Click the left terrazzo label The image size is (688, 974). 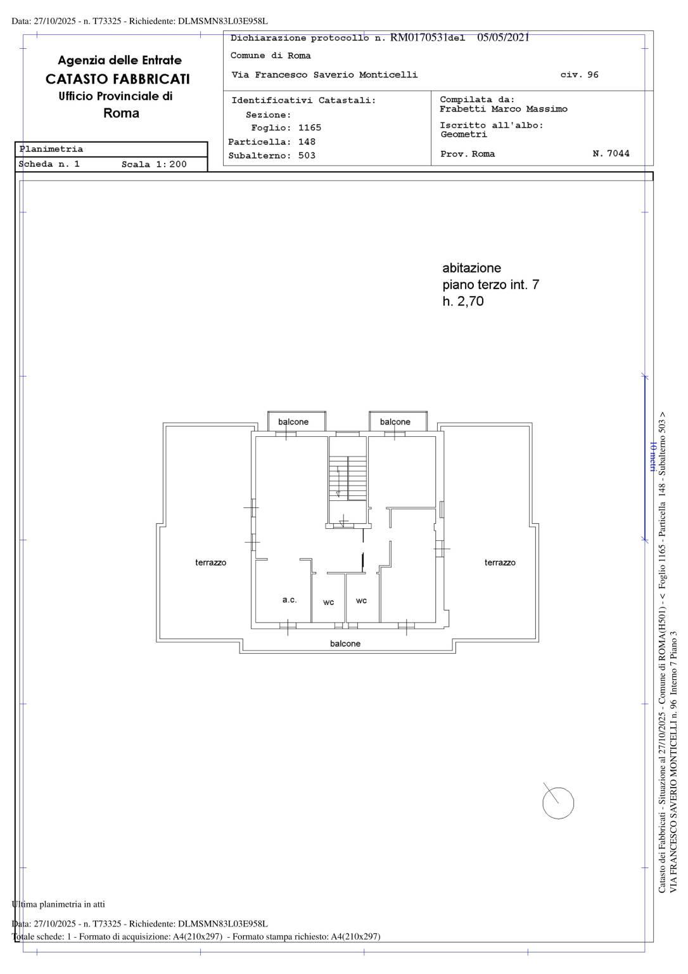[x=211, y=562]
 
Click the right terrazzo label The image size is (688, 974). [x=500, y=562]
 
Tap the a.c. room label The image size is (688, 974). [x=290, y=600]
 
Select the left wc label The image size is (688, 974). [x=328, y=602]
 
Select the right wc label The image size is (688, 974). [x=361, y=601]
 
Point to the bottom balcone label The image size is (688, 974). [x=345, y=644]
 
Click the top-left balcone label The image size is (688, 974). [x=293, y=422]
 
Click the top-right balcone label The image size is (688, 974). [x=395, y=422]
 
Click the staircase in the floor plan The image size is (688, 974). [x=347, y=477]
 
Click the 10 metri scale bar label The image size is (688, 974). [x=653, y=457]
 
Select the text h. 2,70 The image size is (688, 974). [x=463, y=301]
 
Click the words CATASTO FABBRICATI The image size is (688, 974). [x=118, y=79]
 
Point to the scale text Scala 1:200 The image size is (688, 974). [x=154, y=164]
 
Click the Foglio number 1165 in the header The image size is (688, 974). [x=310, y=127]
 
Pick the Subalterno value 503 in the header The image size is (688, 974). [x=307, y=155]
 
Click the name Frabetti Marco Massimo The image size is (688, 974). [x=504, y=108]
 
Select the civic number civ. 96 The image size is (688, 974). [x=580, y=74]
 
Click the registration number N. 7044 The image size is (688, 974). [x=611, y=153]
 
